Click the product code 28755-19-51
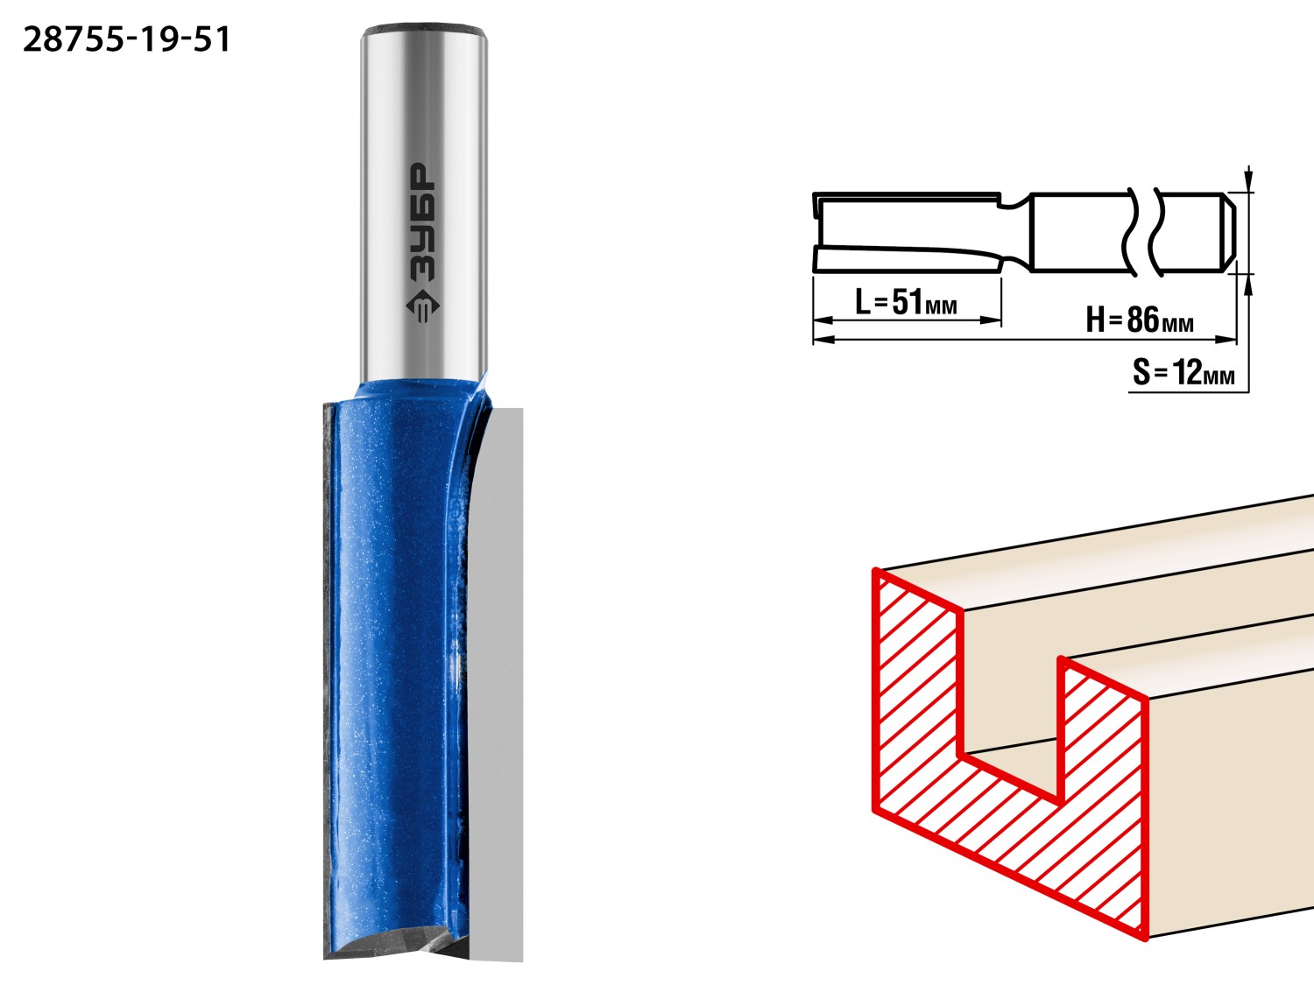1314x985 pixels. click(x=126, y=40)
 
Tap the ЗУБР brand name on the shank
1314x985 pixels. click(x=423, y=222)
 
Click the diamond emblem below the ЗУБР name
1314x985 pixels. click(x=422, y=306)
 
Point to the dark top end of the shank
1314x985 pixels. click(x=423, y=29)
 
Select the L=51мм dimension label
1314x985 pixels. click(x=906, y=302)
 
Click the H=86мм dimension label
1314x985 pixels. click(x=1139, y=320)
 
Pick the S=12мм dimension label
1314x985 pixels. click(x=1183, y=373)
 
